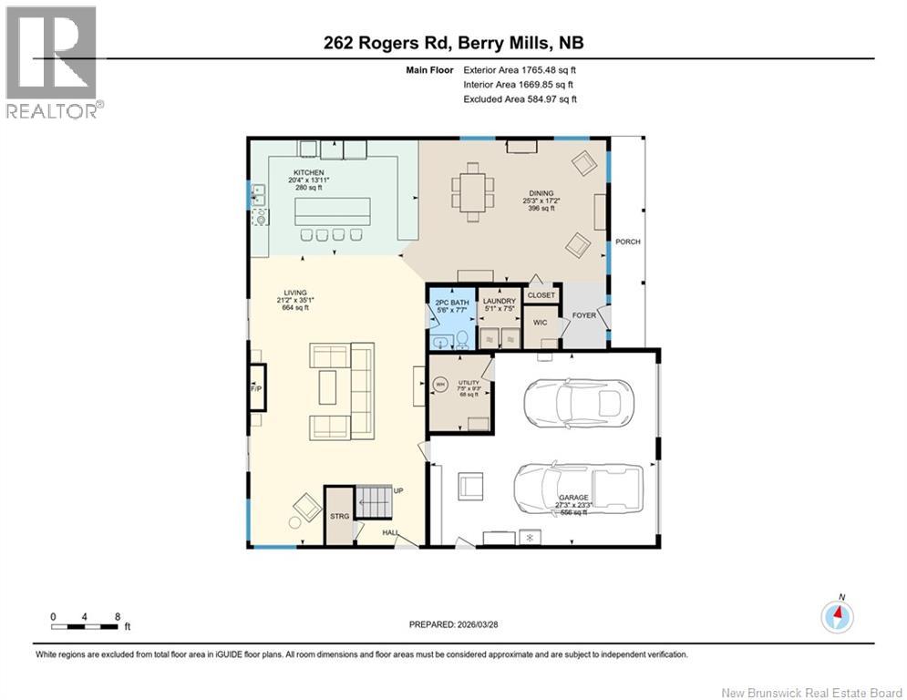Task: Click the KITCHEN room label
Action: (308, 172)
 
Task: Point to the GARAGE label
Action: (573, 498)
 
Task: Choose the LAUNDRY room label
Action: (500, 302)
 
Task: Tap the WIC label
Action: (540, 323)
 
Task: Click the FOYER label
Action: (583, 315)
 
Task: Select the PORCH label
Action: (627, 242)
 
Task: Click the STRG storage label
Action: (340, 516)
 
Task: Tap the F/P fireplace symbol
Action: (256, 390)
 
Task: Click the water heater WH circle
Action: (441, 385)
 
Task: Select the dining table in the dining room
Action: (473, 192)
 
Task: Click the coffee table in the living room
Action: (326, 388)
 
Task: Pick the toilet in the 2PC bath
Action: (462, 340)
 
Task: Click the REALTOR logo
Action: (53, 62)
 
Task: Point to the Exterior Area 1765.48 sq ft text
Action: (520, 69)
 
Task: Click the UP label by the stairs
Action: (397, 490)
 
